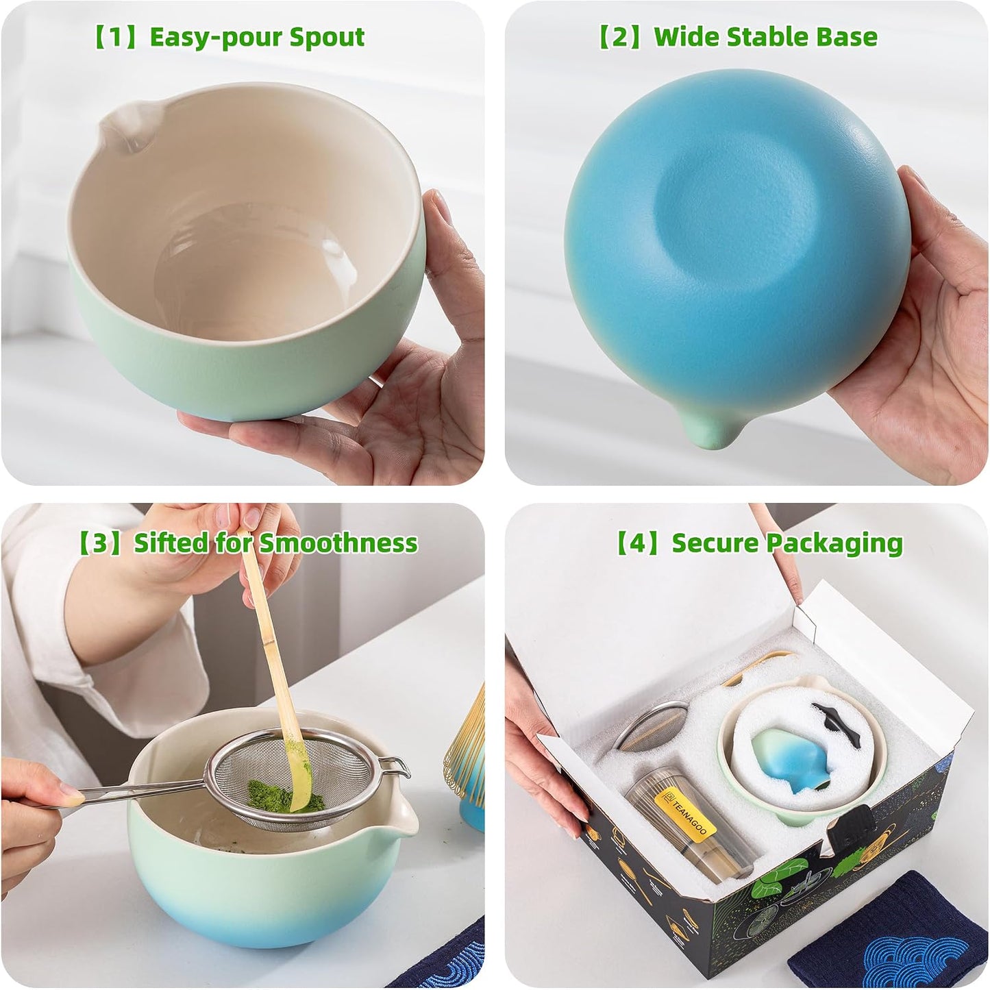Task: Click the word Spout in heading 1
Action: pyautogui.click(x=326, y=38)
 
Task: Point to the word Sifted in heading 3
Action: pyautogui.click(x=171, y=543)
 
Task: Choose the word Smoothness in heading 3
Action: pyautogui.click(x=338, y=543)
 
